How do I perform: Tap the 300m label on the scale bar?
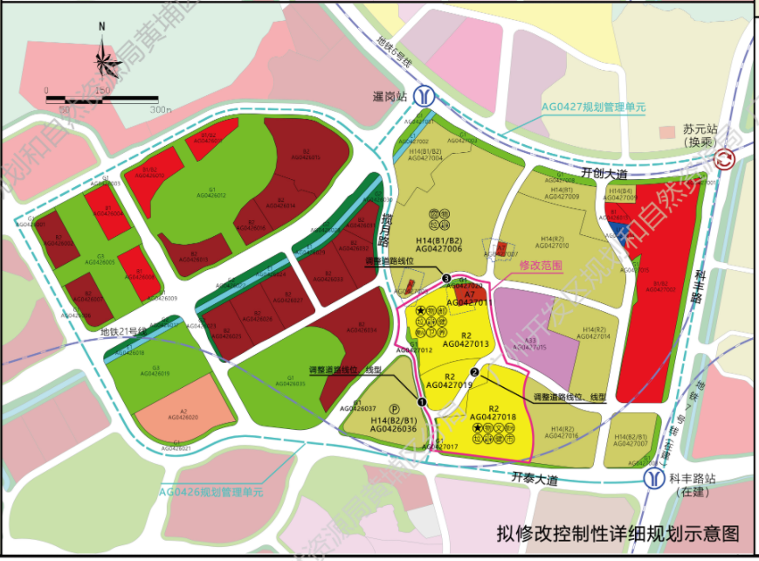pyautogui.click(x=160, y=110)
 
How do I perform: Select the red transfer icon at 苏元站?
pyautogui.click(x=724, y=159)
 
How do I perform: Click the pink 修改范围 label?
pyautogui.click(x=541, y=265)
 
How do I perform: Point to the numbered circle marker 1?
pyautogui.click(x=422, y=402)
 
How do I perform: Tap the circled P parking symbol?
pyautogui.click(x=394, y=407)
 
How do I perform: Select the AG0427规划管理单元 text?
pyautogui.click(x=593, y=107)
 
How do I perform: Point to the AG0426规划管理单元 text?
pyautogui.click(x=210, y=492)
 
